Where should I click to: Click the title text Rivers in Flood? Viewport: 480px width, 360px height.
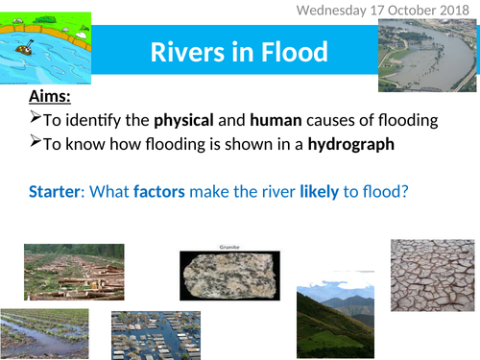(238, 52)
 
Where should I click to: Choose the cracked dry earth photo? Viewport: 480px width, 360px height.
(431, 275)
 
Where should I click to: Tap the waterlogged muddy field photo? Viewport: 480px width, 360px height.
(46, 332)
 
